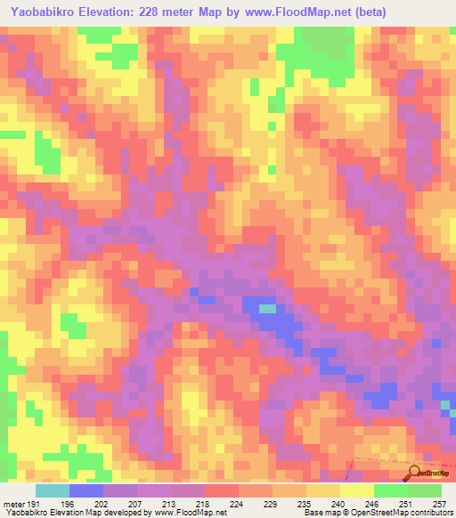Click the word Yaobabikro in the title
pyautogui.click(x=42, y=12)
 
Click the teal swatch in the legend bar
pyautogui.click(x=53, y=490)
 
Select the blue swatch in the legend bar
pyautogui.click(x=86, y=490)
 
